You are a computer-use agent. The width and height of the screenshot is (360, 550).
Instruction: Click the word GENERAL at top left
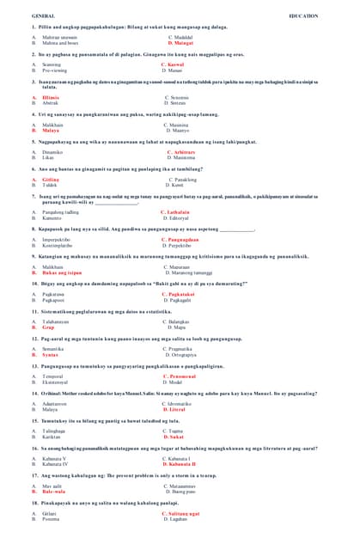43,16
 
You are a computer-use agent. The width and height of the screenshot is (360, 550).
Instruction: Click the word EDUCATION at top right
303,16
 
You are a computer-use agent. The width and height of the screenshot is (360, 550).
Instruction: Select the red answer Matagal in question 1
180,43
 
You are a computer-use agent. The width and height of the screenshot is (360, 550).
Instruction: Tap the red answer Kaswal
173,64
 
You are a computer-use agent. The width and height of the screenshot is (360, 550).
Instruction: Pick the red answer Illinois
51,98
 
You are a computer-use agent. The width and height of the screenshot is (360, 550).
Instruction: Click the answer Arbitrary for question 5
178,152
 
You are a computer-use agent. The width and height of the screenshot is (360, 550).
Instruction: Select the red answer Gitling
51,180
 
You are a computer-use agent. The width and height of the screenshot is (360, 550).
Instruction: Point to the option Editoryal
178,218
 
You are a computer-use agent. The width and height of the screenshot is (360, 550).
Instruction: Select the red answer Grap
48,327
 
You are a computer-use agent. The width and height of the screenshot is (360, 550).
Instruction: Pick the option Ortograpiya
183,355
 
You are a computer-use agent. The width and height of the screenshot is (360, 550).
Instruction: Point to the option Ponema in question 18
51,519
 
